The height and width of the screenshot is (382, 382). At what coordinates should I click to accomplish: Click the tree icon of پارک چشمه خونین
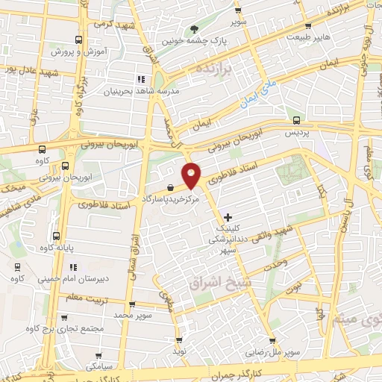(195, 29)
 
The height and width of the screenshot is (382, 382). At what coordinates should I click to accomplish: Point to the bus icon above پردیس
(297, 119)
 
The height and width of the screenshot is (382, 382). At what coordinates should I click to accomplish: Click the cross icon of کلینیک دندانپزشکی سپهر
(228, 217)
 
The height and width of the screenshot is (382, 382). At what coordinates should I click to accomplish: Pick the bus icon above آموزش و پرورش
(79, 40)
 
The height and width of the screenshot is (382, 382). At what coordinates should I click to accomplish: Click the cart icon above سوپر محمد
(132, 304)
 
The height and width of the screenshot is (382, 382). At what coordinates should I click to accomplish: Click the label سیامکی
(100, 367)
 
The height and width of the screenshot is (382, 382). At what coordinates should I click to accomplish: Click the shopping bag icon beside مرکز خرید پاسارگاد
(172, 188)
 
